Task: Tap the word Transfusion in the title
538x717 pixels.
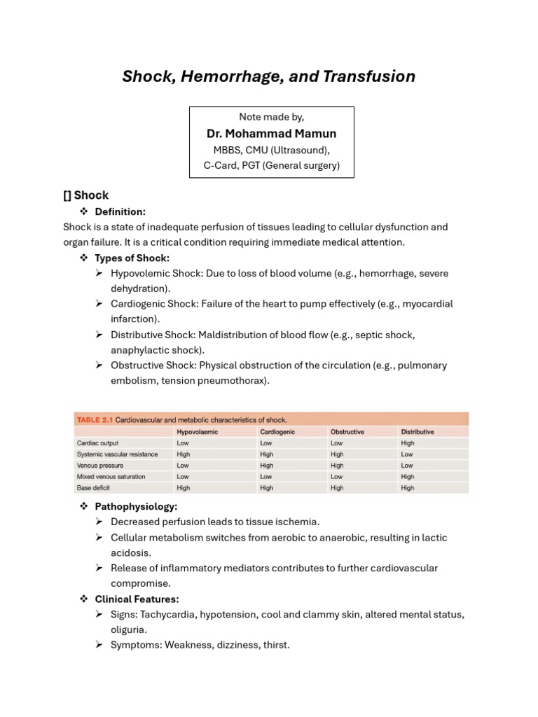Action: point(372,76)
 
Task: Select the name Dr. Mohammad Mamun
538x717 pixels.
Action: point(271,133)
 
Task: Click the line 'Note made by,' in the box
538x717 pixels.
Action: point(271,117)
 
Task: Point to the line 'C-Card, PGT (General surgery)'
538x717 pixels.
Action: point(271,165)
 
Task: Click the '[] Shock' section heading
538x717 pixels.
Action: point(86,195)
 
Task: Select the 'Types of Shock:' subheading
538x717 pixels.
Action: point(132,258)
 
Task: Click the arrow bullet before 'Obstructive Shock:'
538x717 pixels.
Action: point(99,366)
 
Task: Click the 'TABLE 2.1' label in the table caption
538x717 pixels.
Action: point(94,420)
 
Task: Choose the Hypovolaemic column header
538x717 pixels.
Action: point(197,432)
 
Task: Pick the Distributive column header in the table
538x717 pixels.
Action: point(417,432)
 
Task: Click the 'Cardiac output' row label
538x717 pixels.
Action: point(97,443)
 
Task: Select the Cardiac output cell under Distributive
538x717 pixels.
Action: point(408,443)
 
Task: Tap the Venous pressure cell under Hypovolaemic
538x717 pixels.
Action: point(183,466)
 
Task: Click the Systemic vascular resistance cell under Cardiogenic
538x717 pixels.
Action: point(266,454)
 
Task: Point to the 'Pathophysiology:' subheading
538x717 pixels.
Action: point(136,506)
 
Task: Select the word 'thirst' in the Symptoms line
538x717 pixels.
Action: point(275,645)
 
